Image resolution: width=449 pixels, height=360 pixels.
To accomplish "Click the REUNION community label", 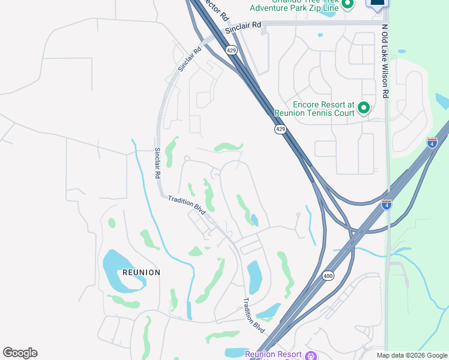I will tap(142, 272).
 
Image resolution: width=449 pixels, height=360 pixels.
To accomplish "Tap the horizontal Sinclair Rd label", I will tap(244, 28).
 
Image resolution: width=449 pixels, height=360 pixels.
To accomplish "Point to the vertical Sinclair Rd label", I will tap(158, 163).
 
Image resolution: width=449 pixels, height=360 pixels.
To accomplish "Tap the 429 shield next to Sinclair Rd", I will tap(232, 51).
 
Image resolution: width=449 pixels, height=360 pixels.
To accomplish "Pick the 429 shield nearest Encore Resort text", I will tap(280, 129).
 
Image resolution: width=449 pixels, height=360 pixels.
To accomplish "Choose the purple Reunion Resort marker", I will tap(310, 356).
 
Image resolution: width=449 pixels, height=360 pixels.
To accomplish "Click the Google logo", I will tap(20, 353).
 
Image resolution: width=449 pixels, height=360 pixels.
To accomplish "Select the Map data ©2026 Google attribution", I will tap(411, 355).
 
